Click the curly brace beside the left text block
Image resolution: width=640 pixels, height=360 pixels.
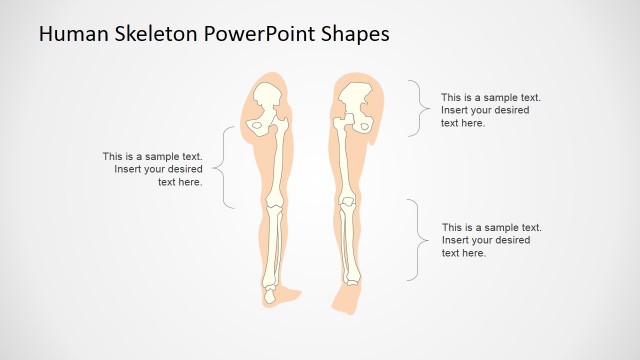tap(228, 168)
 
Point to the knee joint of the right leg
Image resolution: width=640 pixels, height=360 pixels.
tap(347, 204)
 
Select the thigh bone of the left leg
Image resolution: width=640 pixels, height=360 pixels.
tap(278, 160)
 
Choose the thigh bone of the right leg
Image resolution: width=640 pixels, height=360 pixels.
tap(347, 160)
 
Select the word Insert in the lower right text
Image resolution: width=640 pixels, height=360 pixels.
tap(456, 240)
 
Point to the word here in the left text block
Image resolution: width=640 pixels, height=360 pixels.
tap(189, 182)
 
